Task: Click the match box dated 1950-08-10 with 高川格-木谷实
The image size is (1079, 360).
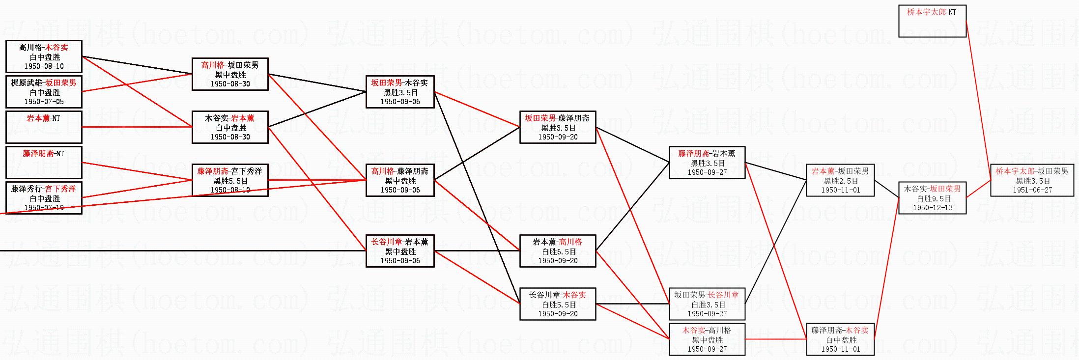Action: (44, 56)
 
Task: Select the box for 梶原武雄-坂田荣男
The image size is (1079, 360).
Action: (44, 92)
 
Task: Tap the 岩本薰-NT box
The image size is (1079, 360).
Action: (44, 127)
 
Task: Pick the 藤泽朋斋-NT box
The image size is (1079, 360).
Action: (44, 163)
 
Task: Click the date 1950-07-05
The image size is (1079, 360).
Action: (44, 102)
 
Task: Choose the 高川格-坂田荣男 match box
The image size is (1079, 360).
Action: (230, 74)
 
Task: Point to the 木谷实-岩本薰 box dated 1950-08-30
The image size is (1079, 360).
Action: (230, 127)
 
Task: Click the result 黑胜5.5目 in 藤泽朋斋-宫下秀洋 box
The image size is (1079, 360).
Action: (230, 181)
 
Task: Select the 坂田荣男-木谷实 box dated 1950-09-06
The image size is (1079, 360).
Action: (400, 92)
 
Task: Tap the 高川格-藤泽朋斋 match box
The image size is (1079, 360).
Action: (400, 180)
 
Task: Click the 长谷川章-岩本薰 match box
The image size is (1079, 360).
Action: (400, 251)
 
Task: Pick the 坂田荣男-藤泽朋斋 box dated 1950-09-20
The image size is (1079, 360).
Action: (558, 127)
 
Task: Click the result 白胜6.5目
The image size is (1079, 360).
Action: (558, 251)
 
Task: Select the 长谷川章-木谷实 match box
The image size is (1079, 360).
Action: (558, 304)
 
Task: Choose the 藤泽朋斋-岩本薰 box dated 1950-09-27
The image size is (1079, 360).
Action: (707, 163)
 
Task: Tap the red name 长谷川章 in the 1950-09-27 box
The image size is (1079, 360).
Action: (723, 295)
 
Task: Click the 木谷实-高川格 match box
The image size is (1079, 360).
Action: (707, 339)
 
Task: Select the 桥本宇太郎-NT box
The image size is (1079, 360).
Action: (932, 21)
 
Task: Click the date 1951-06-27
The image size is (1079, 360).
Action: (1032, 190)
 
